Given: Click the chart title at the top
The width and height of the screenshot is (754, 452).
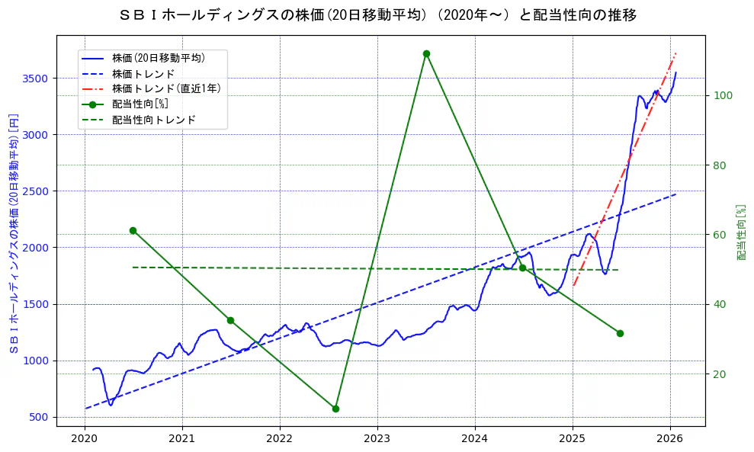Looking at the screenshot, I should pyautogui.click(x=377, y=15).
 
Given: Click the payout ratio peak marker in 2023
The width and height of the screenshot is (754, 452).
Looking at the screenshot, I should pyautogui.click(x=426, y=53).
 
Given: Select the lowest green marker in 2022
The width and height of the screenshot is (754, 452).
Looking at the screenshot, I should pyautogui.click(x=335, y=409).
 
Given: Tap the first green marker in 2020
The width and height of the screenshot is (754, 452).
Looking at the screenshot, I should pyautogui.click(x=133, y=230).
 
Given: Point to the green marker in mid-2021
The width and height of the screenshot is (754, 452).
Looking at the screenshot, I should pyautogui.click(x=230, y=320).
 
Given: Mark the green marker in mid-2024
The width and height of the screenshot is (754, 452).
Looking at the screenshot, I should pyautogui.click(x=522, y=268).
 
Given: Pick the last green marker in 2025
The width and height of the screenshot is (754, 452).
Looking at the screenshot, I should pyautogui.click(x=620, y=333).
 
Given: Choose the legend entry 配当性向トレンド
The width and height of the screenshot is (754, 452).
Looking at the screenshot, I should pyautogui.click(x=153, y=120).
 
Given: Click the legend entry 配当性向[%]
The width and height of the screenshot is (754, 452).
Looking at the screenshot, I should pyautogui.click(x=140, y=104).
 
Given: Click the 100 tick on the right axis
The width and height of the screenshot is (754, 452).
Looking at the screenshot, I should pyautogui.click(x=722, y=95).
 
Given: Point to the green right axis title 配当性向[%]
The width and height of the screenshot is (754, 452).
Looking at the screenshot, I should pyautogui.click(x=741, y=232).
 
